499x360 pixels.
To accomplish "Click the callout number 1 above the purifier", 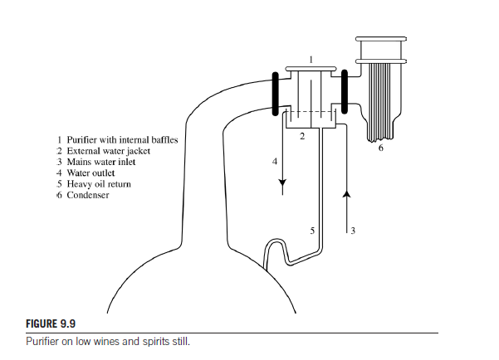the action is coord(311,60).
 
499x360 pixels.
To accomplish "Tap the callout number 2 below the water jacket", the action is coord(302,136).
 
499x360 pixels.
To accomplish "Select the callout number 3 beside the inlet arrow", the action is coord(353,231).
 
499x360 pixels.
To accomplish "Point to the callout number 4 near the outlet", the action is coord(275,162).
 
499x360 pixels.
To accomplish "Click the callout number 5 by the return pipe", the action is coord(312,231).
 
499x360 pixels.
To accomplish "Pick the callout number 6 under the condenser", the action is coord(381,148).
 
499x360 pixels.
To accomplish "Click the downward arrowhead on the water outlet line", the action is coord(282,183).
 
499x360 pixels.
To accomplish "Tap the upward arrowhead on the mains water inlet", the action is coord(347,194).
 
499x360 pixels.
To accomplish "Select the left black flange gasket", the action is coord(276,94).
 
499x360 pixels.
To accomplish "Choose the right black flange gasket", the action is coord(345,91).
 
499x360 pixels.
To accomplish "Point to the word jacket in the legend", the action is coord(139,151).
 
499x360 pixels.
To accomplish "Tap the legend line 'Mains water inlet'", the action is coord(101,162).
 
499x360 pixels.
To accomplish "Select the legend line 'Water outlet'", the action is coord(91,173).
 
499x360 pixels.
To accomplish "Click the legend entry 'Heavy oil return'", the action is coord(99,184).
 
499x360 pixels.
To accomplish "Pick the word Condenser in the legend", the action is coord(88,195).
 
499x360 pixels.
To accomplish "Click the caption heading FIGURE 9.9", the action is coord(51,324).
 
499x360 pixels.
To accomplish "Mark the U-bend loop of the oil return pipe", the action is coord(274,242).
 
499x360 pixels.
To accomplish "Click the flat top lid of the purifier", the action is coord(311,68).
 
